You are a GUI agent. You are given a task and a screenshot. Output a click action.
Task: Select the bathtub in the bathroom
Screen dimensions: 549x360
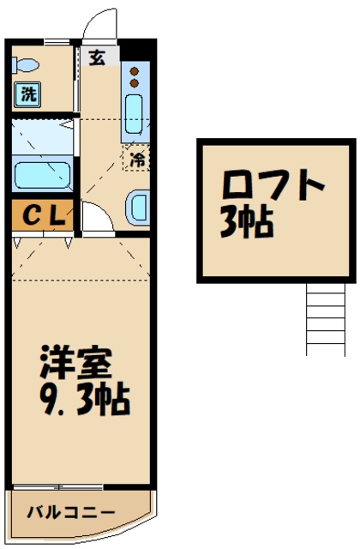point(43,174)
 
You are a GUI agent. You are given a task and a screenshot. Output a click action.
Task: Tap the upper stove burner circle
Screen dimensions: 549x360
point(135,72)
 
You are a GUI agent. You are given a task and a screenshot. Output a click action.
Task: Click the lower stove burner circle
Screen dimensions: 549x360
point(135,84)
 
